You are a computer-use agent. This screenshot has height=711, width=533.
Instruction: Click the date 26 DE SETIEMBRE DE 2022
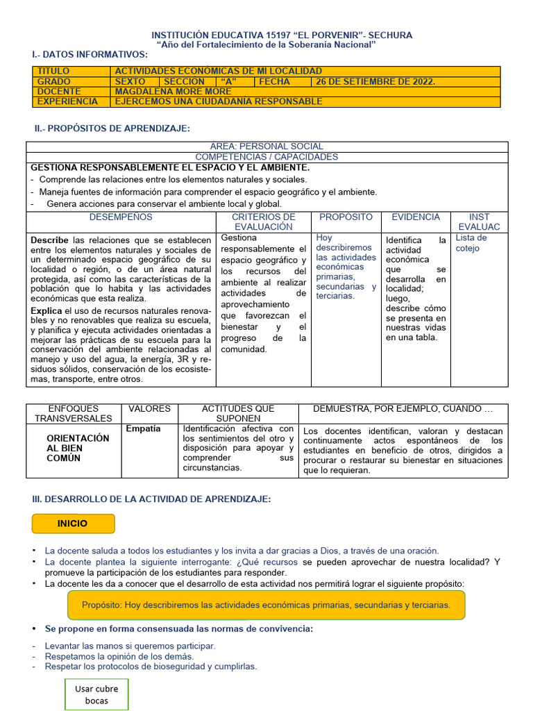tap(375, 81)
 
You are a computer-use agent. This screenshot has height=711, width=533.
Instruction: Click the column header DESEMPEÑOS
tap(121, 217)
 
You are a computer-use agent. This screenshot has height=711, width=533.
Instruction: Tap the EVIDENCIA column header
tap(416, 217)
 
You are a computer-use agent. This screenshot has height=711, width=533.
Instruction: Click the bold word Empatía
tap(143, 428)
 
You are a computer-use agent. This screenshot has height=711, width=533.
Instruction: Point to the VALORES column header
tap(149, 409)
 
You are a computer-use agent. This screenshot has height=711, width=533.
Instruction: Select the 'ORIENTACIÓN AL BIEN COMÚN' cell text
tap(78, 449)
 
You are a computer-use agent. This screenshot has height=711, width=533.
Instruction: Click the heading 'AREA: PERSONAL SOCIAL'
tap(266, 147)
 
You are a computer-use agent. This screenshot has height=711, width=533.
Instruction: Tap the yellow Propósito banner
tap(266, 605)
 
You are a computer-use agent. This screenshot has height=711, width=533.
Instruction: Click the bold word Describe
tap(49, 240)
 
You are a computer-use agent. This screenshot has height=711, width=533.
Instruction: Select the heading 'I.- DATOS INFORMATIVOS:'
tap(90, 54)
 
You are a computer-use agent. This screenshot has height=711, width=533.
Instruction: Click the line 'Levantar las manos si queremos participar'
tap(130, 646)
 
